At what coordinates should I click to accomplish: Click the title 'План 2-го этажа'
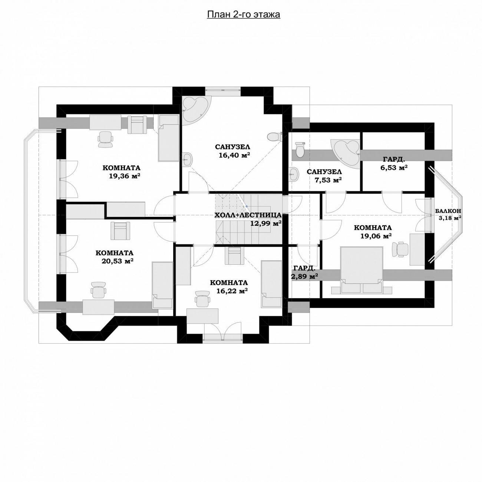point(243,14)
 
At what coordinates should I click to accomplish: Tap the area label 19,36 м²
point(124,176)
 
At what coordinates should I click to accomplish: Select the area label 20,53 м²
point(117,261)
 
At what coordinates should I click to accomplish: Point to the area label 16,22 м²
point(232,291)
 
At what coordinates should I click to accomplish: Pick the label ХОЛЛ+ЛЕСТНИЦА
point(248,215)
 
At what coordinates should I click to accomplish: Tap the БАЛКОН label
point(448,211)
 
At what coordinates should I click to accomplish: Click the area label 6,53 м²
point(394,168)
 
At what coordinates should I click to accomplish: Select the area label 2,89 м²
point(304,276)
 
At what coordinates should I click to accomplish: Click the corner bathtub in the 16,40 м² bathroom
point(194,110)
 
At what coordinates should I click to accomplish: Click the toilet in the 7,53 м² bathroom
point(300,150)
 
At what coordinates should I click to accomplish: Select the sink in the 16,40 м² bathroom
point(186,159)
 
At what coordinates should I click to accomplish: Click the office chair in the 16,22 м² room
point(202,298)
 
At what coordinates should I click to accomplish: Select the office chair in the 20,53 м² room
point(98,290)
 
